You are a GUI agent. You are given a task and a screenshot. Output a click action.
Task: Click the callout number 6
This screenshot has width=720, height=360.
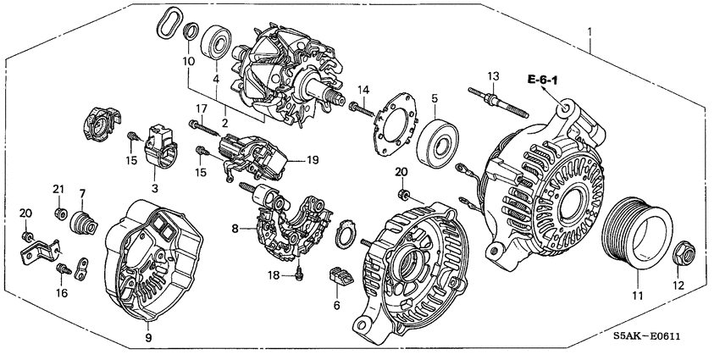click(336, 305)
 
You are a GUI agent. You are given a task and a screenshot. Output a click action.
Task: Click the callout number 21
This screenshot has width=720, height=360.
click(58, 188)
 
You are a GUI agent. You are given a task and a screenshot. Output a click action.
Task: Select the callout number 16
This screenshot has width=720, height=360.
click(61, 294)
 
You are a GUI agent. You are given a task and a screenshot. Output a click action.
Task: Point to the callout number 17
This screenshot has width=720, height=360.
click(202, 108)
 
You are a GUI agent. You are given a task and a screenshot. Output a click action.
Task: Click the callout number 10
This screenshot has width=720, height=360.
click(189, 62)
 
